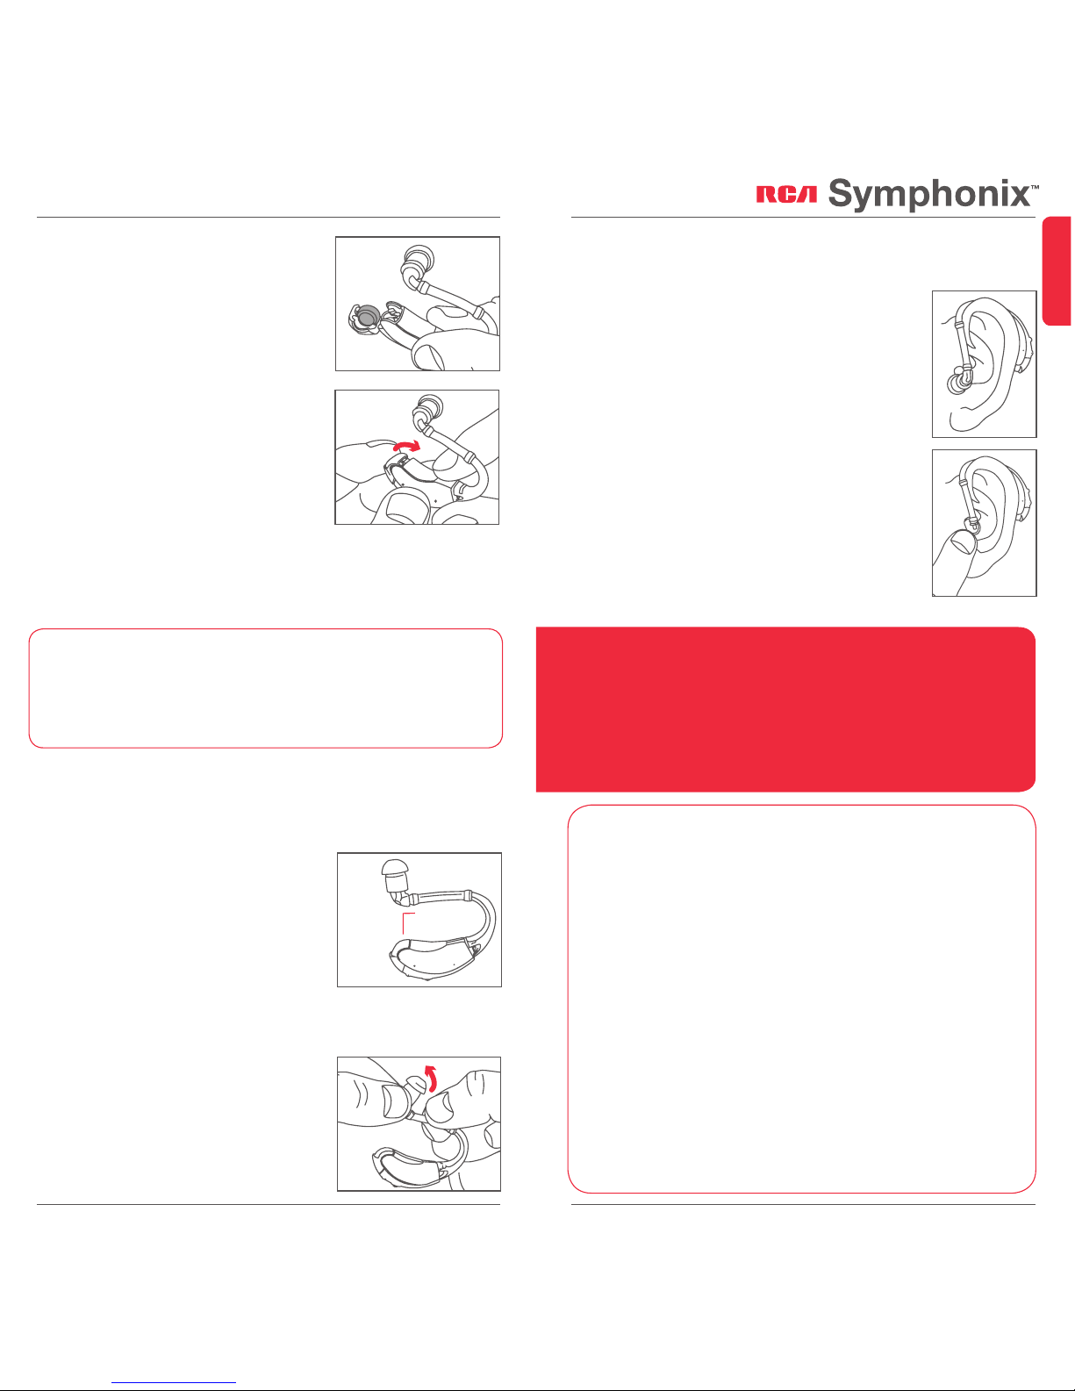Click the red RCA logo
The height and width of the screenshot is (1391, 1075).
tap(786, 195)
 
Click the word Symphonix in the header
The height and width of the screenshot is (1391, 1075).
tap(928, 194)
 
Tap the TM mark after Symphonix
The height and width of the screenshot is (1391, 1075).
tap(1034, 187)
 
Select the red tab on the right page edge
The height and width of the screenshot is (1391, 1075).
tap(1060, 271)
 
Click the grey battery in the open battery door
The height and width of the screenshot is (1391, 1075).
tap(367, 316)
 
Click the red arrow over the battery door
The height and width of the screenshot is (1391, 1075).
tap(407, 446)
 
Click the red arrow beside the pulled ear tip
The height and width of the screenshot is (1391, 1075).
tap(432, 1078)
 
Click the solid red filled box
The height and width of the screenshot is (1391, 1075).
tap(785, 709)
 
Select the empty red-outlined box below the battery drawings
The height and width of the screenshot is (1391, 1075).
tap(266, 688)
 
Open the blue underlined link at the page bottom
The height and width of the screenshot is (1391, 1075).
tap(174, 1381)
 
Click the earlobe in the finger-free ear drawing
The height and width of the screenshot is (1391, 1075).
tap(962, 419)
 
